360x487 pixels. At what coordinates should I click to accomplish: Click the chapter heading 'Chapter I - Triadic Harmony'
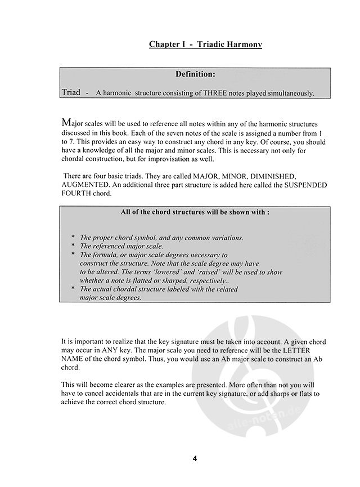pyautogui.click(x=205, y=44)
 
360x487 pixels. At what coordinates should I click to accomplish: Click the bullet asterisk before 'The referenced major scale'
pyautogui.click(x=74, y=246)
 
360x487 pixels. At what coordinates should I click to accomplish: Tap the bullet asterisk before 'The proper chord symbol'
pyautogui.click(x=74, y=238)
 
